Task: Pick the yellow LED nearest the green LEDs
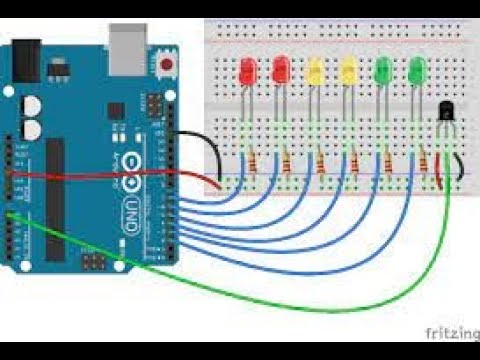tap(349, 72)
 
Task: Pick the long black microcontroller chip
tap(54, 200)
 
